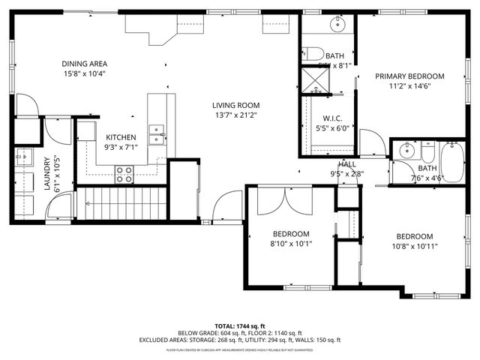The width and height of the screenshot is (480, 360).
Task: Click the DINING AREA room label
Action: pos(83,64)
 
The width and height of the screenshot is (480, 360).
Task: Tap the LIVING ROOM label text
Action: pos(235,105)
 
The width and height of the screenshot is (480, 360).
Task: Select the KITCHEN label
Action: pos(120,137)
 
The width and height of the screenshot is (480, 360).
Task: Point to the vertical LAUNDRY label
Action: pos(46,174)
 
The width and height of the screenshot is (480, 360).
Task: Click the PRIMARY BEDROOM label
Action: pos(409,76)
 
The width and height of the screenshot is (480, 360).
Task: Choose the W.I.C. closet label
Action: pos(333,118)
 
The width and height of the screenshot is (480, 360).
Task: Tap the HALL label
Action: pos(346,163)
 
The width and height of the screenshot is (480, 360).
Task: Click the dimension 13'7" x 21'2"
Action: pos(235,115)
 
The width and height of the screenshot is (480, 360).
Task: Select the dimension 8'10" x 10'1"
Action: pos(291,244)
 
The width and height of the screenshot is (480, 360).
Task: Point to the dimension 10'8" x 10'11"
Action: pos(414,245)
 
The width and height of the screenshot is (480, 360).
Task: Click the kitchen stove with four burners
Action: pos(124,174)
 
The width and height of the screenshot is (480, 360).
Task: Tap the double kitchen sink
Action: pos(156,133)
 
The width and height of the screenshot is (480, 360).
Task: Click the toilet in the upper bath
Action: pos(313,52)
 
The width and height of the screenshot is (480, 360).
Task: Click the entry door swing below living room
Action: pos(227,206)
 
